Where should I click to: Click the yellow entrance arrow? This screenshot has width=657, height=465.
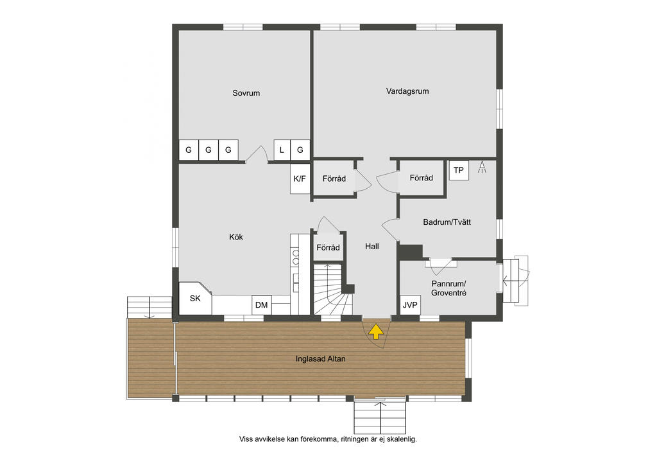click(376, 331)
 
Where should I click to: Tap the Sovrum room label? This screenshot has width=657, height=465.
click(246, 93)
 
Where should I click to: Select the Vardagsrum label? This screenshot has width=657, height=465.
click(407, 91)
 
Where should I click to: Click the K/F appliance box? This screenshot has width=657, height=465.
click(300, 179)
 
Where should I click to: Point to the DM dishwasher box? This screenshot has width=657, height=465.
click(262, 305)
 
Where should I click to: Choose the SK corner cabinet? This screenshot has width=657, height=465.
click(195, 298)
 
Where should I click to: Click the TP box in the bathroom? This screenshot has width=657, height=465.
click(459, 170)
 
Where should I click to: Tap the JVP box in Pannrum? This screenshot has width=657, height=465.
click(410, 305)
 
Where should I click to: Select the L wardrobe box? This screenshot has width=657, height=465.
click(282, 150)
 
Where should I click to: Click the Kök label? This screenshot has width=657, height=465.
click(236, 237)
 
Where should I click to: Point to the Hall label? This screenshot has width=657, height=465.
click(372, 246)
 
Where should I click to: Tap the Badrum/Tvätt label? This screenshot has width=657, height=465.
click(447, 222)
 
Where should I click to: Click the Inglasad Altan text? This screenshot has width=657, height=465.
click(321, 358)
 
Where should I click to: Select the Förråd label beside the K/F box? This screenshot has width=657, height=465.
click(334, 179)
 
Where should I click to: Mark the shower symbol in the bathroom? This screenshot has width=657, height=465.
click(482, 167)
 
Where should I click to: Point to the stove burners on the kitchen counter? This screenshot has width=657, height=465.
click(295, 257)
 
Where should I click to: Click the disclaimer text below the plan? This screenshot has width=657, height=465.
click(328, 439)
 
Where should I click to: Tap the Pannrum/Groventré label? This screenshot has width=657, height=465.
click(448, 288)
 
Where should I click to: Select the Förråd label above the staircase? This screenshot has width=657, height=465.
click(328, 247)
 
